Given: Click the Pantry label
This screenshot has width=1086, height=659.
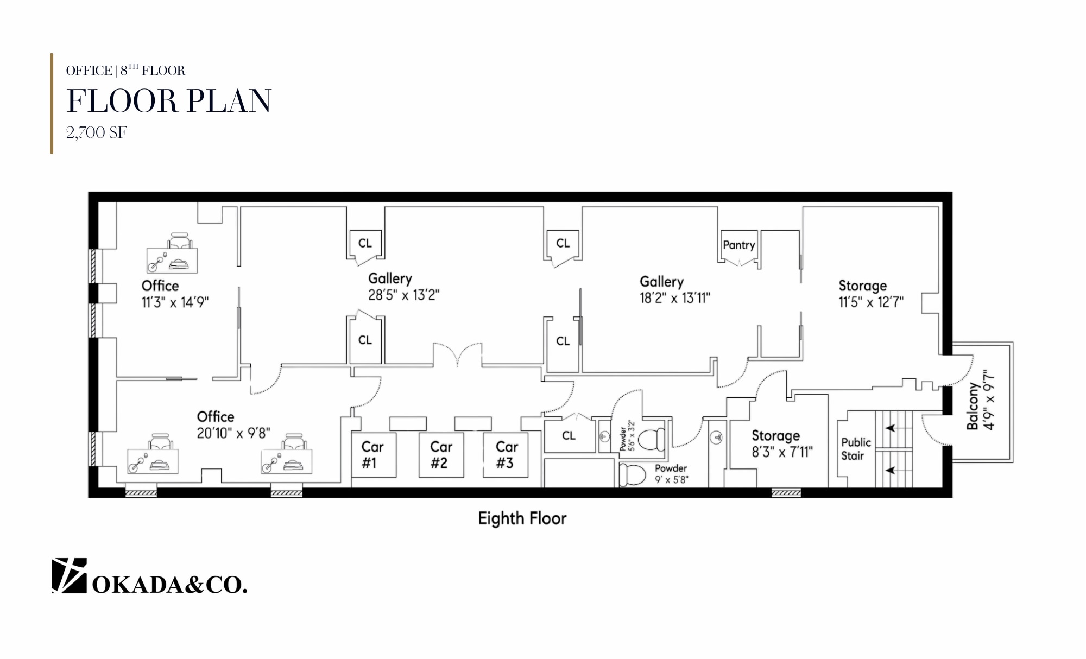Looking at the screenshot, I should point(738,245).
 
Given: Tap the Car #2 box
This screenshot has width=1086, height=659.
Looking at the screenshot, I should point(441,455).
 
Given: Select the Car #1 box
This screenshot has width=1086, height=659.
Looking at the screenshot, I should point(373,455).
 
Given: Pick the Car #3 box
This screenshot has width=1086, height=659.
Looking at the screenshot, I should point(506,455).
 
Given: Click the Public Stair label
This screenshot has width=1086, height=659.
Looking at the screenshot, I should point(855,449).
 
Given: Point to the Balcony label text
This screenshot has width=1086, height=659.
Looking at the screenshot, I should point(973,405).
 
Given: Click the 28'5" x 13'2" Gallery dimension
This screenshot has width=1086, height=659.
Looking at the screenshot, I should point(403,295).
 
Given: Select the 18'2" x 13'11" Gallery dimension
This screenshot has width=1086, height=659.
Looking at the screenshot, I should point(674,298).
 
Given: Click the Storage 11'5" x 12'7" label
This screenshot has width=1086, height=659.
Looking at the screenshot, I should point(870,294).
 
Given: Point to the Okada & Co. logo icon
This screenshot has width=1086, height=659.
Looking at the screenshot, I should point(69,575).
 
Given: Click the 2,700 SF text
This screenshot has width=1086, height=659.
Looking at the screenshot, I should point(97,133).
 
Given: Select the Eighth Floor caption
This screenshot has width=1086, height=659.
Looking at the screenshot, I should point(522,518).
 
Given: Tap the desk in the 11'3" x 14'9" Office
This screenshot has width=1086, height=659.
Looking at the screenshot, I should point(172,260).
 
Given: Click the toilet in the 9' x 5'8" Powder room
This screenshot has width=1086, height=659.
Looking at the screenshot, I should point(633,474).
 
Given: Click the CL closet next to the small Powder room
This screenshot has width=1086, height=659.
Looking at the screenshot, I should point(569,436).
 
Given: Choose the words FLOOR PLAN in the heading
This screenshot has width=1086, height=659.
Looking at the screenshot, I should point(169,102).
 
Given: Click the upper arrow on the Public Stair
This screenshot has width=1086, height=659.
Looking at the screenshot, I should point(891,428).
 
